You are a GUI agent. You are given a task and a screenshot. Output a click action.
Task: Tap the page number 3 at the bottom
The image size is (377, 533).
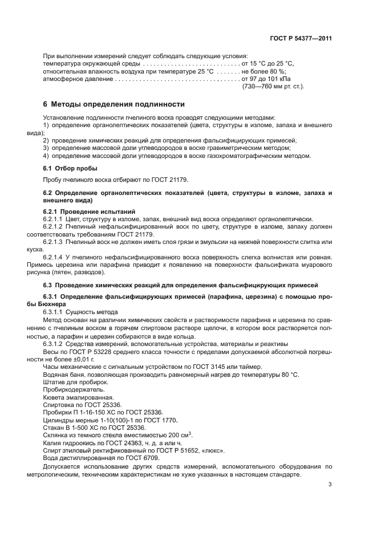click(x=330, y=485)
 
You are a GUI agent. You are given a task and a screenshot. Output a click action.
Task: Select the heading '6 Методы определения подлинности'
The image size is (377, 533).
click(x=114, y=104)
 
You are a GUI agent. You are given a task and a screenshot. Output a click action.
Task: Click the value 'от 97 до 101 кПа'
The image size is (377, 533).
click(x=266, y=79)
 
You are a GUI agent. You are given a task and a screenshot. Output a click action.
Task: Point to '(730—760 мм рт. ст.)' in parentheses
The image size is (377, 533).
click(x=274, y=86)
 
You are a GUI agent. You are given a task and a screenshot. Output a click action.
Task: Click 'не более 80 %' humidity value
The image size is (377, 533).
click(x=264, y=71)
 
